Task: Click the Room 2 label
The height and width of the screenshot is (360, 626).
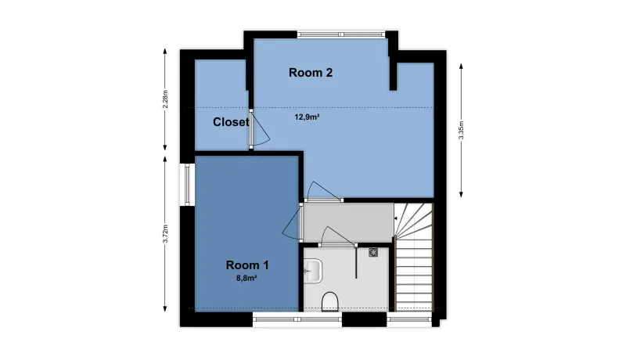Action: tap(311, 73)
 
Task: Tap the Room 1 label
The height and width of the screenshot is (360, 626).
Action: tap(247, 265)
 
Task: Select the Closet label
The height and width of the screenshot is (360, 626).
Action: tap(231, 122)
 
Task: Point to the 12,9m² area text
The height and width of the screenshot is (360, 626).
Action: tap(307, 117)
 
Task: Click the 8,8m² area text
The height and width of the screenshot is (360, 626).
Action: tap(246, 279)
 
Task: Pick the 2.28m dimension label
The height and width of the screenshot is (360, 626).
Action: tap(166, 99)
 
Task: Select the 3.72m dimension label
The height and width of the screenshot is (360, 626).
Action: tap(166, 233)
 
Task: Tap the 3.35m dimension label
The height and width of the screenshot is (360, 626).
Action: tap(461, 130)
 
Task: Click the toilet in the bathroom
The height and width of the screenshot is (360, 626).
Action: tap(329, 301)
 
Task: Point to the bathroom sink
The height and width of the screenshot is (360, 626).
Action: tap(312, 271)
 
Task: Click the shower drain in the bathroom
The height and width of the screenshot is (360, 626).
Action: tap(373, 252)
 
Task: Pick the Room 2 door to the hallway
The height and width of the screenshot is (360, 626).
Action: tap(323, 193)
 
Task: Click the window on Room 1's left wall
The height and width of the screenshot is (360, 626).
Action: tap(187, 185)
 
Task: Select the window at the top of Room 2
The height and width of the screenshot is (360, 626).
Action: tap(341, 34)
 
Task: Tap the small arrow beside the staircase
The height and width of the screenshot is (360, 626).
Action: tap(395, 218)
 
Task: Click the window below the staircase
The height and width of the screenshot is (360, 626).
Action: tap(409, 319)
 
